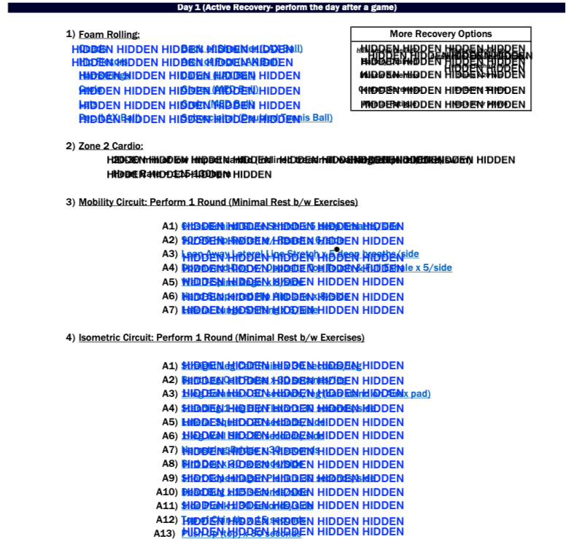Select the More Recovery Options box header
click(x=440, y=34)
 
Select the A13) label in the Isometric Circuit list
click(x=166, y=533)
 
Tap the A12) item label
click(x=167, y=519)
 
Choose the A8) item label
click(x=169, y=463)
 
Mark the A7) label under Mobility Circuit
click(x=169, y=310)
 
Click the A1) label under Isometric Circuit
click(x=169, y=366)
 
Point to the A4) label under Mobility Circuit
click(x=169, y=267)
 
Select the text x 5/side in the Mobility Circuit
click(x=433, y=268)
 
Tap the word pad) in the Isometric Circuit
click(x=419, y=394)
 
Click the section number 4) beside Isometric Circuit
click(x=71, y=338)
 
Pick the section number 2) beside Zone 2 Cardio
click(x=71, y=146)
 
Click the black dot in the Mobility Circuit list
click(x=336, y=250)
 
